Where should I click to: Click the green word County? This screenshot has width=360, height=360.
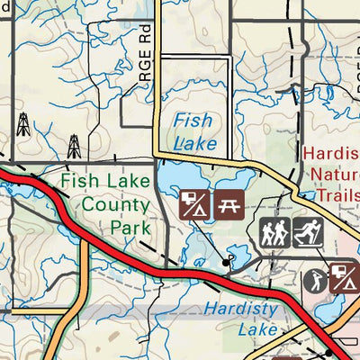pyautogui.click(x=110, y=204)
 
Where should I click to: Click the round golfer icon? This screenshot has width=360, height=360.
pyautogui.click(x=316, y=281)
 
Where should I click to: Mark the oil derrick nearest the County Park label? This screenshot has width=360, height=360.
pyautogui.click(x=74, y=145)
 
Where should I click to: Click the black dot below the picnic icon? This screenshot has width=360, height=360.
pyautogui.click(x=226, y=261)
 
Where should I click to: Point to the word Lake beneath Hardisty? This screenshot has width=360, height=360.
pyautogui.click(x=258, y=329)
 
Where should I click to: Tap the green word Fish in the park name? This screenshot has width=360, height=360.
pyautogui.click(x=77, y=183)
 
